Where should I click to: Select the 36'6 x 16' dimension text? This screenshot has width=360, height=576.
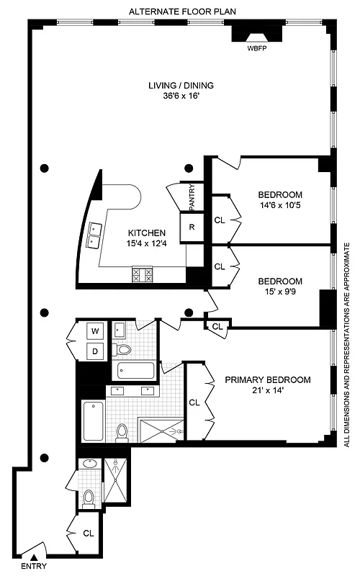pyautogui.click(x=181, y=98)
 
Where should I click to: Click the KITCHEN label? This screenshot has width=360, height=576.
pyautogui.click(x=147, y=233)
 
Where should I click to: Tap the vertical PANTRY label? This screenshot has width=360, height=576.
pyautogui.click(x=192, y=197)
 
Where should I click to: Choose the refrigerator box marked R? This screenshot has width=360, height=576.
pyautogui.click(x=192, y=227)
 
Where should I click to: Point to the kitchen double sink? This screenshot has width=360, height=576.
pyautogui.click(x=95, y=235)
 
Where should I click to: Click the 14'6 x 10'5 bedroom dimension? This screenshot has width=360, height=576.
pyautogui.click(x=280, y=206)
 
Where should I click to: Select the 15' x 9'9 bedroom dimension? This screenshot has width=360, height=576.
pyautogui.click(x=280, y=292)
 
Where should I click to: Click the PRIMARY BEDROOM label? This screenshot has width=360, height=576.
pyautogui.click(x=267, y=379)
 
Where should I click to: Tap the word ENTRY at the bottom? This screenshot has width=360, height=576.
pyautogui.click(x=34, y=567)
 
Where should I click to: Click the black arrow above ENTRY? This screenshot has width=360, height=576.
pyautogui.click(x=33, y=555)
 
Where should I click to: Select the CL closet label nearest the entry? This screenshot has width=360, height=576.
pyautogui.click(x=88, y=534)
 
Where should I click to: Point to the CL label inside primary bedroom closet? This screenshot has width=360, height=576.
pyautogui.click(x=194, y=403)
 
